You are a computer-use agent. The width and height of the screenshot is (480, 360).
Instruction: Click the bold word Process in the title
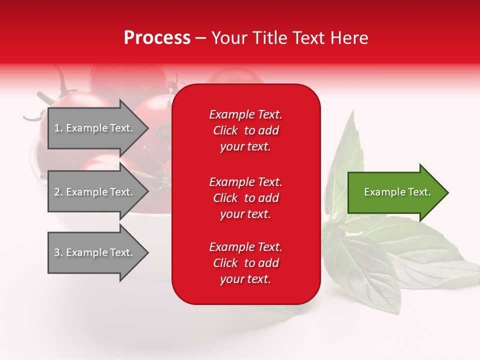[157, 38]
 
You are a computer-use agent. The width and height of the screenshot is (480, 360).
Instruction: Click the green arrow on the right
[395, 192]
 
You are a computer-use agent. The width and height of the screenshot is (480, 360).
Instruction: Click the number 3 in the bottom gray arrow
[57, 252]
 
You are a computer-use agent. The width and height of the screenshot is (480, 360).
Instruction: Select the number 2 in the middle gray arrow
[57, 192]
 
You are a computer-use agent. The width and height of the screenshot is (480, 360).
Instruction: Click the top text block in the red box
[245, 130]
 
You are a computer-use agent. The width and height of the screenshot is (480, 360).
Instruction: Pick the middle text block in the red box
[245, 198]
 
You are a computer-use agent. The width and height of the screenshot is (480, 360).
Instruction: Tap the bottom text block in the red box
[245, 263]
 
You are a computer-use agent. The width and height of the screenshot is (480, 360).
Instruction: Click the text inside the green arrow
[397, 192]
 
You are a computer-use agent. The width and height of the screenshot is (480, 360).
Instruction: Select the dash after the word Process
[200, 38]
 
